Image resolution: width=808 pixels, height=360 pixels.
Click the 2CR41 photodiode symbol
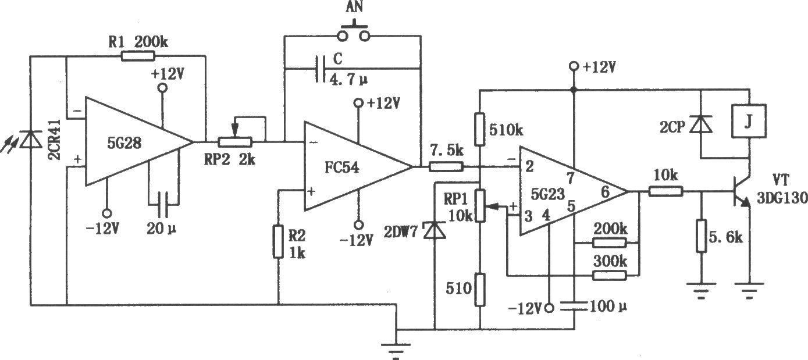click(30, 140)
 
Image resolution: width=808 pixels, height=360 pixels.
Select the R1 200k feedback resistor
click(138, 56)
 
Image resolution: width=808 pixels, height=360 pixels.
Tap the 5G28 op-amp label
click(124, 143)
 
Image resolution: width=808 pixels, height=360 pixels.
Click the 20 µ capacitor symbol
click(163, 204)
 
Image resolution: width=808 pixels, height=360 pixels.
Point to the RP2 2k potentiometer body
click(235, 142)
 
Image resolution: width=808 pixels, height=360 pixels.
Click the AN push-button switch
click(354, 33)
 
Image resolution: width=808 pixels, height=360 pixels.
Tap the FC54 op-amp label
click(341, 167)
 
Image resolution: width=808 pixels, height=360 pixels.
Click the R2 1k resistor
click(277, 241)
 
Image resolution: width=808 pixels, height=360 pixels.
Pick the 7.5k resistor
click(446, 167)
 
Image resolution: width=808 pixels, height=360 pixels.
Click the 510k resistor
click(480, 129)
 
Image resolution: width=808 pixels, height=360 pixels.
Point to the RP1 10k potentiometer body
click(480, 205)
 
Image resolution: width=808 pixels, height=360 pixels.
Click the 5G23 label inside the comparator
click(547, 194)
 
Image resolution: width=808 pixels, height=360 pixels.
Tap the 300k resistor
click(610, 276)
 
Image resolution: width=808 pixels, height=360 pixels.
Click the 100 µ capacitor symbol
click(574, 306)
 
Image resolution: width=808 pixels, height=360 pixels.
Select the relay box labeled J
click(749, 121)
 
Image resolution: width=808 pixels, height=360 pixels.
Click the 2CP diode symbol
click(701, 124)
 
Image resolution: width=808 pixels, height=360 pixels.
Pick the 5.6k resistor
click(701, 236)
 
